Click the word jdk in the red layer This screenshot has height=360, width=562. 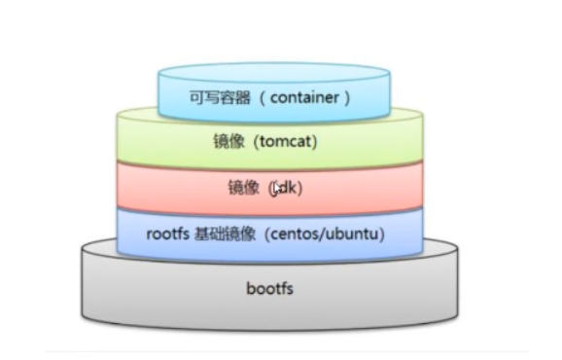286,188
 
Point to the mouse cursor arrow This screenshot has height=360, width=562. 278,188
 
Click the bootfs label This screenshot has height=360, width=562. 270,289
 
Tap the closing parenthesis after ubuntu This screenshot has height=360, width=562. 374,234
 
